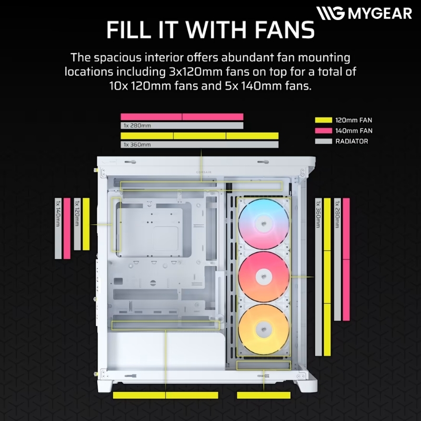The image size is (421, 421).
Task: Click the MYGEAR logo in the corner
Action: [364, 13]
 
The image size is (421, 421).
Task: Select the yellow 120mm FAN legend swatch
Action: [324, 120]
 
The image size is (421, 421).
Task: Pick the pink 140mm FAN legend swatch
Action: [324, 131]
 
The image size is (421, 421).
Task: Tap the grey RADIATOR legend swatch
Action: [324, 141]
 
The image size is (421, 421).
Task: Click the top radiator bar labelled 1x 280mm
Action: [182, 125]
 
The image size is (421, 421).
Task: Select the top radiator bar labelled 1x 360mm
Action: [199, 144]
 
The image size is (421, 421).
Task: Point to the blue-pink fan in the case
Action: [264, 224]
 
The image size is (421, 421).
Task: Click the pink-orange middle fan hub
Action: [264, 277]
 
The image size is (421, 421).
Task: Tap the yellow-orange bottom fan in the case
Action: [264, 329]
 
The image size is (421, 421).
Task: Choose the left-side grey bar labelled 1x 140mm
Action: [58, 228]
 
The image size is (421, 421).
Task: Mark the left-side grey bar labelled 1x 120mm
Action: [77, 224]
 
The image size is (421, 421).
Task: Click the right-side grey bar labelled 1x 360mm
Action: [318, 277]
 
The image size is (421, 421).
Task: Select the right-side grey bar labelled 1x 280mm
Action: [337, 259]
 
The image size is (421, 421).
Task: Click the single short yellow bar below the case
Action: [264, 395]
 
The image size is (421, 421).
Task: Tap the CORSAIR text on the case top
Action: [204, 172]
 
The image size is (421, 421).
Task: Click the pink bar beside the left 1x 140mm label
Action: [67, 228]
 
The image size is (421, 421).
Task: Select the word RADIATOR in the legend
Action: [352, 141]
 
